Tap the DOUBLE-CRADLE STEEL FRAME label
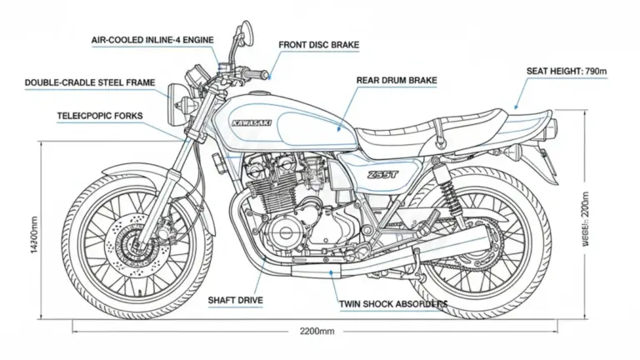(86, 82)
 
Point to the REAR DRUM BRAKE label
(397, 80)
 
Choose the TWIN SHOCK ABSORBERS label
(393, 304)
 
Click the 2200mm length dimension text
(317, 331)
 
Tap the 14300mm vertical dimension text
(33, 236)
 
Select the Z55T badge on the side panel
(382, 175)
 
